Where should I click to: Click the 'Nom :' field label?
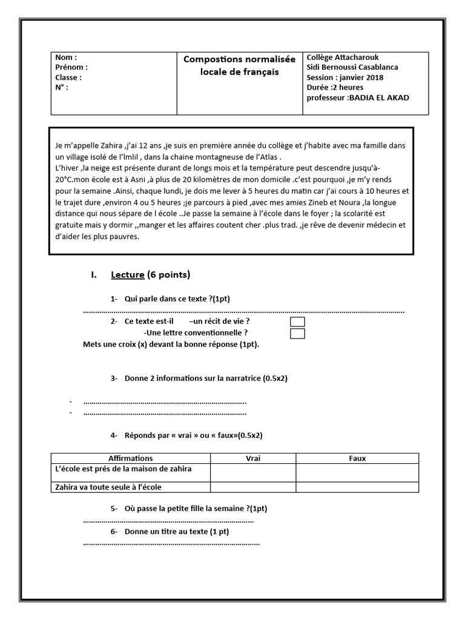(66, 58)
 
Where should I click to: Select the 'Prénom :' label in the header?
(71, 68)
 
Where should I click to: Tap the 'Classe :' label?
(68, 77)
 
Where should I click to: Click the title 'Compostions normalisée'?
(240, 59)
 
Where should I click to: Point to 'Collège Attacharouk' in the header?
(343, 58)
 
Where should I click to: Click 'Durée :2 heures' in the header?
(335, 87)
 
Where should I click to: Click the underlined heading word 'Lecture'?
(128, 275)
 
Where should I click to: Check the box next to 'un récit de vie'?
(297, 322)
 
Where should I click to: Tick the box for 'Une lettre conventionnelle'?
(297, 334)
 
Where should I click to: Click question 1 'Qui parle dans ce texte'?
(177, 299)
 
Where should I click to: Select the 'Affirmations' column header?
(130, 458)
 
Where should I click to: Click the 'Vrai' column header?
(253, 458)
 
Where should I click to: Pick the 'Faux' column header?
(357, 458)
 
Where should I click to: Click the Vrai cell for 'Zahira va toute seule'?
(253, 487)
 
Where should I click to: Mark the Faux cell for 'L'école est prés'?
(357, 472)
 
